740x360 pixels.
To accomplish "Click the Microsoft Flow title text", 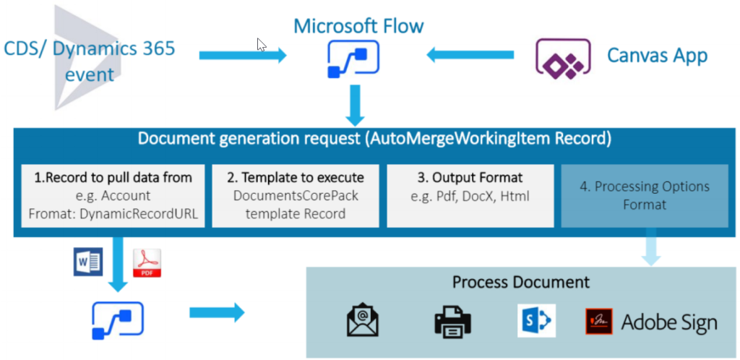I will pyautogui.click(x=358, y=27).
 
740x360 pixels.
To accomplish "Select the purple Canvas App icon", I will pyautogui.click(x=559, y=56).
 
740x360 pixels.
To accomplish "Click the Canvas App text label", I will pyautogui.click(x=656, y=56).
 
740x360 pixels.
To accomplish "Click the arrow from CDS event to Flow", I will pyautogui.click(x=243, y=55).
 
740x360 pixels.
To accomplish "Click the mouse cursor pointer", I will pyautogui.click(x=262, y=45).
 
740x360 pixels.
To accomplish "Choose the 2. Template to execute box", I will pyautogui.click(x=295, y=195).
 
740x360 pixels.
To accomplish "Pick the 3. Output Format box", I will pyautogui.click(x=470, y=195).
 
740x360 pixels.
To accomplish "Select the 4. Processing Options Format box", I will pyautogui.click(x=645, y=195).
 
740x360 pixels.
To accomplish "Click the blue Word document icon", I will pyautogui.click(x=87, y=262).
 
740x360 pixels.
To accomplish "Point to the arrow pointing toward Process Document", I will pyautogui.click(x=217, y=313).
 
